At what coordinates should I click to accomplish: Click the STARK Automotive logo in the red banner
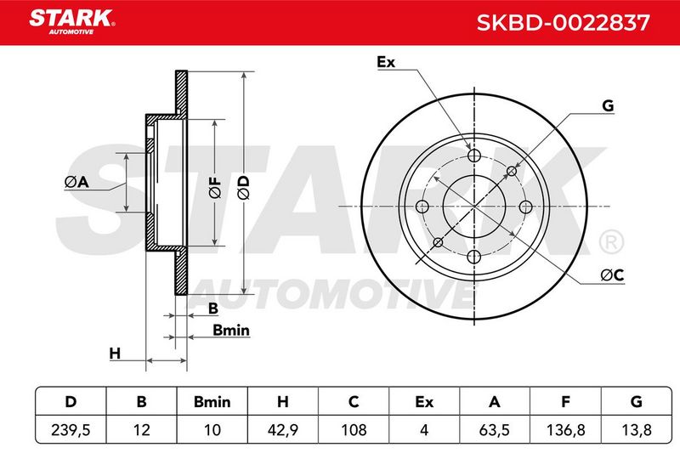[72, 22]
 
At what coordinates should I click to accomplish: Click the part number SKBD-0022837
[563, 23]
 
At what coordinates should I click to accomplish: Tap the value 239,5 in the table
[71, 430]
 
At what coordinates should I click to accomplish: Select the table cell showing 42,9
[283, 430]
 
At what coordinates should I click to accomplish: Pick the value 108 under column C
[354, 430]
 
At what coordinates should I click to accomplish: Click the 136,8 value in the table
[565, 430]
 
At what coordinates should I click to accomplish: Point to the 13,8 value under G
[636, 430]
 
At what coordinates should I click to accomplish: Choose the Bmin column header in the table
[212, 402]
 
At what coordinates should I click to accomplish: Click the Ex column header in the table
[424, 402]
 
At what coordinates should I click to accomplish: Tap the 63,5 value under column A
[495, 430]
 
